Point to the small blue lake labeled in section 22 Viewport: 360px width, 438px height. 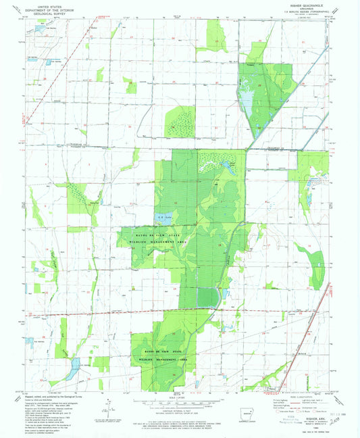click(163, 216)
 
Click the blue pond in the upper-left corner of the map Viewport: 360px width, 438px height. click(35, 30)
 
